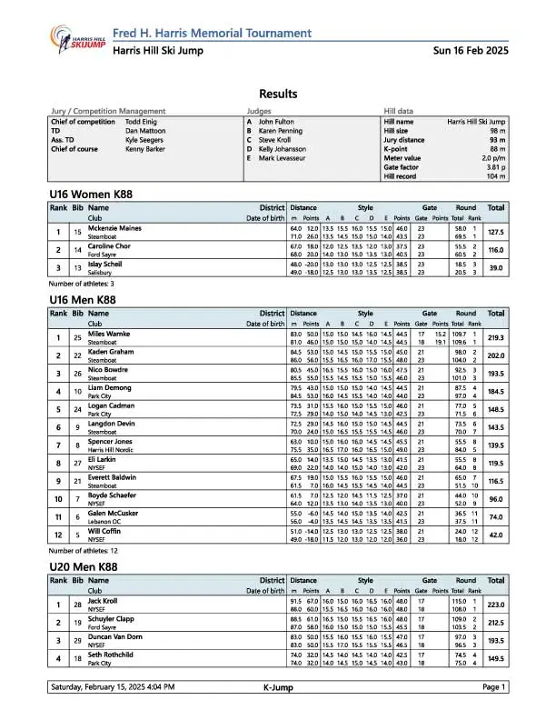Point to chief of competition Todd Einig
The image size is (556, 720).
click(x=141, y=121)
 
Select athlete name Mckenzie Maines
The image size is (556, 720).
click(x=114, y=227)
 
